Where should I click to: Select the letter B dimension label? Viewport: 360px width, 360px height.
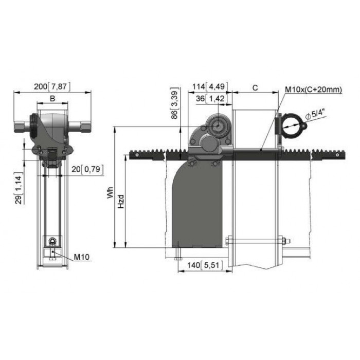click(x=52, y=99)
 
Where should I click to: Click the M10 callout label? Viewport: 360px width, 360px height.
click(x=81, y=257)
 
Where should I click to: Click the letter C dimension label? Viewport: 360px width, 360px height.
click(x=255, y=88)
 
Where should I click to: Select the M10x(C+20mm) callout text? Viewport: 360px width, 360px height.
click(x=313, y=89)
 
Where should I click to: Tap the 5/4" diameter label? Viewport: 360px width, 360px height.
click(x=317, y=115)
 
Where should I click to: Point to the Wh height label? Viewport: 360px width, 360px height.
click(x=111, y=192)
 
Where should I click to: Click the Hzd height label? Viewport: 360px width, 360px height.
click(x=121, y=202)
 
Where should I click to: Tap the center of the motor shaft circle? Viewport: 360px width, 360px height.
click(x=217, y=126)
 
